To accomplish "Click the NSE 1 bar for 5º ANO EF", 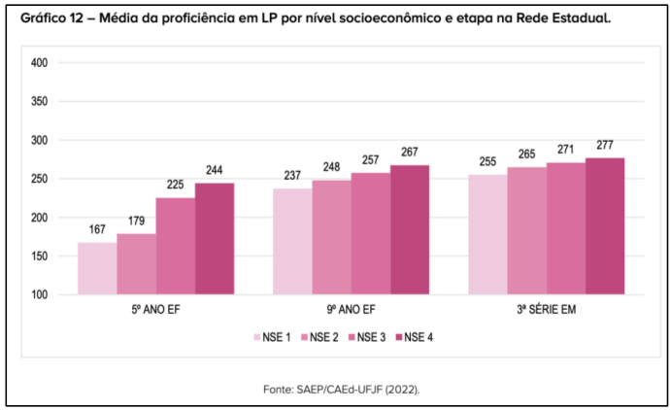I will (97, 268).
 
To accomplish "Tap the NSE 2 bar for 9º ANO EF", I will (331, 237).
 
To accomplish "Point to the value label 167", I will (97, 230).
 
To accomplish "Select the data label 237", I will (292, 176).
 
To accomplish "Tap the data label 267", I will (409, 153).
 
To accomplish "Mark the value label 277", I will (604, 145).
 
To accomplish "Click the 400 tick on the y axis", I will (40, 63).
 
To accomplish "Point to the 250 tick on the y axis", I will (40, 179).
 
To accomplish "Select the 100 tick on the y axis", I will (40, 294).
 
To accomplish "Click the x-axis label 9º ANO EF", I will (351, 310).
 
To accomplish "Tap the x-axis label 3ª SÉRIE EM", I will (546, 310).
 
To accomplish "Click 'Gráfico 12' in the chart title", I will (47, 18).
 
